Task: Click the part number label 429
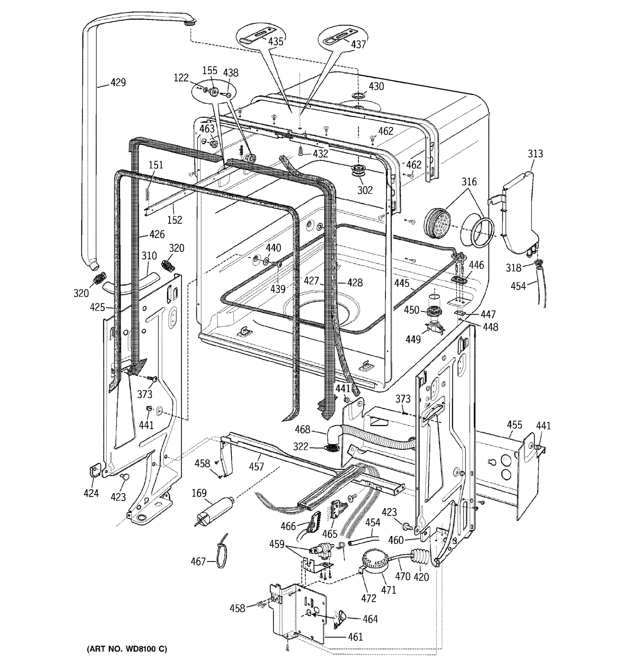click(118, 82)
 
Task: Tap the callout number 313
click(535, 154)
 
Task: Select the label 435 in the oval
click(276, 42)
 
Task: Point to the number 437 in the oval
click(358, 44)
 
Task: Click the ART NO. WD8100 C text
click(127, 649)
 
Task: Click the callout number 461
click(355, 636)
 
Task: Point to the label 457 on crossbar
click(256, 467)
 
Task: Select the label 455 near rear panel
click(514, 425)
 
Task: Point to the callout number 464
click(370, 619)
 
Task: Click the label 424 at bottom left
click(91, 493)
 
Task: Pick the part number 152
click(175, 220)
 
